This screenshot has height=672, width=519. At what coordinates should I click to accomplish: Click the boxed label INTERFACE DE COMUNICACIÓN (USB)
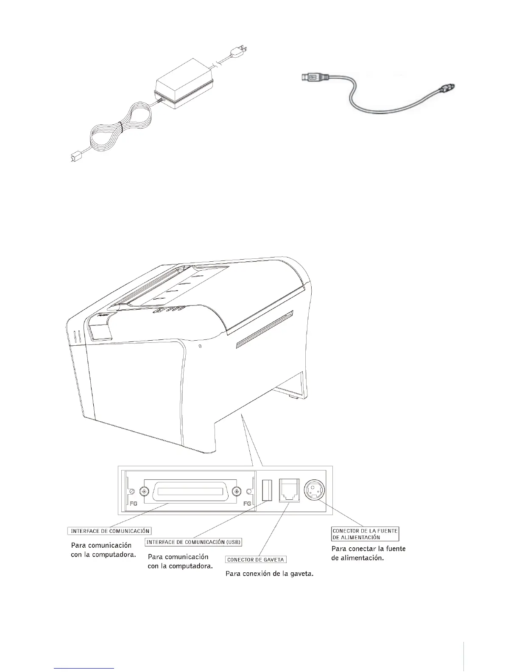pos(193,542)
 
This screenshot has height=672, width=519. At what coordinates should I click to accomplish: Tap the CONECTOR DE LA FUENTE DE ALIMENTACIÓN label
pos(365,534)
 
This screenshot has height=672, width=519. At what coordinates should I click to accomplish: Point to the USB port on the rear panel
pos(267,490)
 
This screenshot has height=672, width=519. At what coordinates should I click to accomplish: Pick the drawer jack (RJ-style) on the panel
pos(289,490)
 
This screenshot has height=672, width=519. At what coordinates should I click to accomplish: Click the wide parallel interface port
pos(190,492)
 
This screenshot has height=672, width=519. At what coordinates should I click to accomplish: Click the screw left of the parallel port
pos(145,491)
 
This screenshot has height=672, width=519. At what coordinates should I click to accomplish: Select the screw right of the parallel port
pos(236,491)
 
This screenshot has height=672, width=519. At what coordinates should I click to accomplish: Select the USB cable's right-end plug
pos(446,88)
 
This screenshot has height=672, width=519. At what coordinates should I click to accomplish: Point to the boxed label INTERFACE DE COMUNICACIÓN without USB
pos(109,531)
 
